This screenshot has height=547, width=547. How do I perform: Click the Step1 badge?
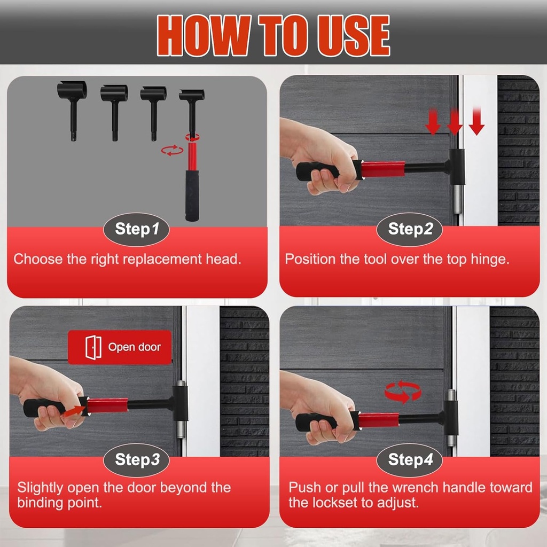(137, 230)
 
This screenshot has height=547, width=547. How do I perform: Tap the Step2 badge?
(410, 230)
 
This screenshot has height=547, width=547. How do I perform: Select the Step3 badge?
(137, 460)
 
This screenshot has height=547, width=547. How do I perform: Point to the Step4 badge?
(410, 460)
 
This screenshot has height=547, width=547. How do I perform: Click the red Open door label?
(120, 347)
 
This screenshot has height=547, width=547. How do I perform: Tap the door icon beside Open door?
(93, 347)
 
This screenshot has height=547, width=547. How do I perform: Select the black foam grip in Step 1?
(192, 194)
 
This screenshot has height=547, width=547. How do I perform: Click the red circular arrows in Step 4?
(403, 392)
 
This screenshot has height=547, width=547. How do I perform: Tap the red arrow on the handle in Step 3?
(78, 410)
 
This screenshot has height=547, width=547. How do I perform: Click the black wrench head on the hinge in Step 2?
(457, 167)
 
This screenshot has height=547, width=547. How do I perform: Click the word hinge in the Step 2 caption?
(488, 260)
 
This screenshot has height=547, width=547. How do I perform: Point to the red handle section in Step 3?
(107, 405)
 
